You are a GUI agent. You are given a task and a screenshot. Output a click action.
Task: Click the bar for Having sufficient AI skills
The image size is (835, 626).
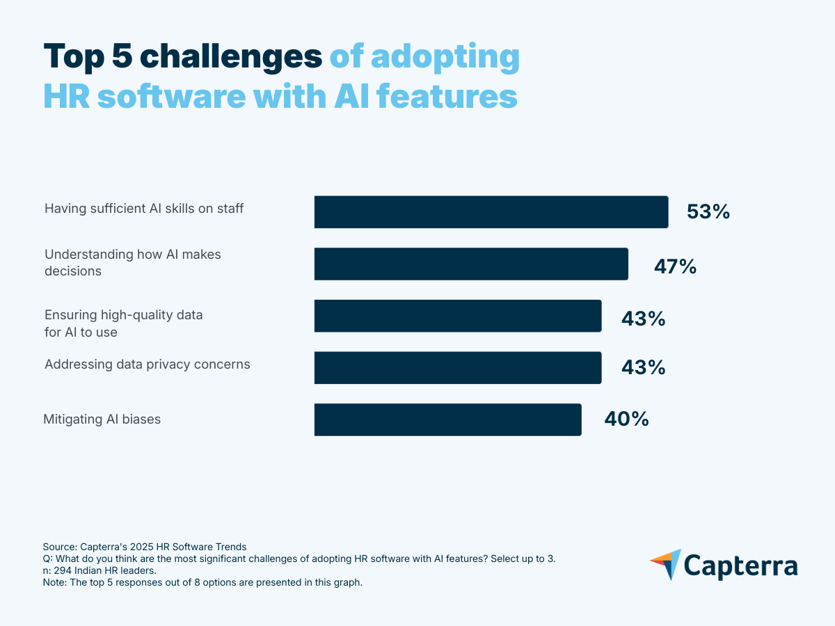click(x=491, y=211)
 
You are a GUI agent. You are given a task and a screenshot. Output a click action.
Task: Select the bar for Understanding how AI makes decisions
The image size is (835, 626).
click(x=471, y=264)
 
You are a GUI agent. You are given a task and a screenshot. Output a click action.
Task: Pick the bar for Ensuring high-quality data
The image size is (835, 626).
click(x=458, y=316)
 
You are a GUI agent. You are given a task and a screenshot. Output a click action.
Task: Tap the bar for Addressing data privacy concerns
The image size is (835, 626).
click(x=458, y=367)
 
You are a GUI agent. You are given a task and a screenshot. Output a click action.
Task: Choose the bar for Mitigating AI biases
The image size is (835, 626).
click(x=447, y=419)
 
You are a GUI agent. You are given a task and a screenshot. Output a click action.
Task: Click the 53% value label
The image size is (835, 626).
click(x=708, y=212)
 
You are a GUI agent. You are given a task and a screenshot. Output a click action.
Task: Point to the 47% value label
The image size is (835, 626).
click(x=675, y=266)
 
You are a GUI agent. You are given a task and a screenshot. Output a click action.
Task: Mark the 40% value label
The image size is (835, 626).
click(x=626, y=419)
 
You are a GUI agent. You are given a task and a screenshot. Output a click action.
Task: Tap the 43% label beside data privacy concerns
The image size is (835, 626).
click(x=643, y=367)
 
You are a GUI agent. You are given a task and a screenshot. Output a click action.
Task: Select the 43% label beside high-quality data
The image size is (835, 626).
click(x=643, y=319)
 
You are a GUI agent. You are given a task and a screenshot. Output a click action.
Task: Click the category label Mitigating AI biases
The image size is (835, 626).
click(x=102, y=419)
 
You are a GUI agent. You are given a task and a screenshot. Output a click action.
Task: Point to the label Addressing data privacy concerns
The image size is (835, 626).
click(x=147, y=364)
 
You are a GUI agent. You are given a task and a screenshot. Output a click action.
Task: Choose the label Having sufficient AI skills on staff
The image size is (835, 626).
click(x=144, y=208)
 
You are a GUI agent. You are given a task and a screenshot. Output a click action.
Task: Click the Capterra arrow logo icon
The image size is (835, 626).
click(x=666, y=564)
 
